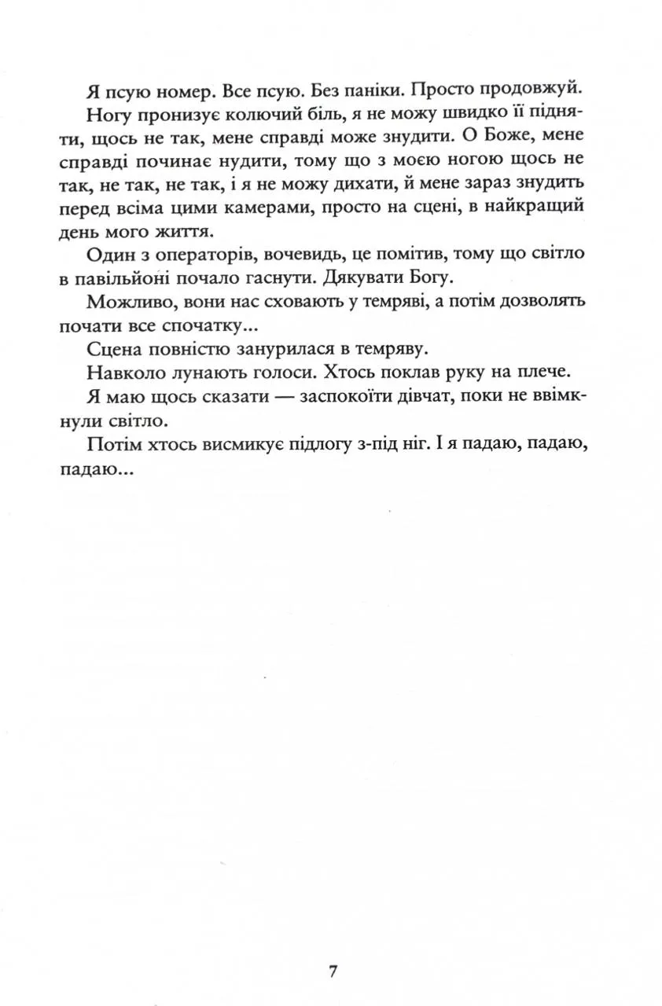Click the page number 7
(333, 971)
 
